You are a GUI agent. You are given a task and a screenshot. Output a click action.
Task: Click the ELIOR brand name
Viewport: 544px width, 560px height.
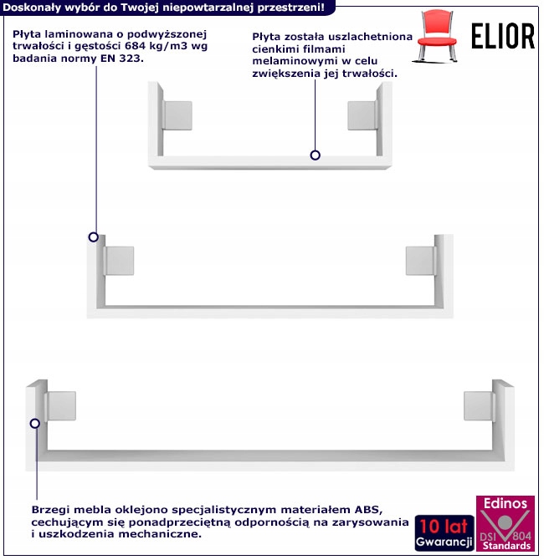point(502,35)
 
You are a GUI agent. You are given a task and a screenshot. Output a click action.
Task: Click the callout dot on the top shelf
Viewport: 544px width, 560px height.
point(316,155)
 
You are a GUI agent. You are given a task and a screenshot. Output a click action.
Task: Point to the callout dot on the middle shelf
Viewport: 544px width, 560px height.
point(94,238)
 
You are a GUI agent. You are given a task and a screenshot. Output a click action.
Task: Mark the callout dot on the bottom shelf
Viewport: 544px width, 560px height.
point(35,424)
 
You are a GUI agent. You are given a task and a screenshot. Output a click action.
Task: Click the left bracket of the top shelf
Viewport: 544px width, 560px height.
point(178,116)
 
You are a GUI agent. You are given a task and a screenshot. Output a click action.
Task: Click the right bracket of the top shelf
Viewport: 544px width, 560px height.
point(362,116)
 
